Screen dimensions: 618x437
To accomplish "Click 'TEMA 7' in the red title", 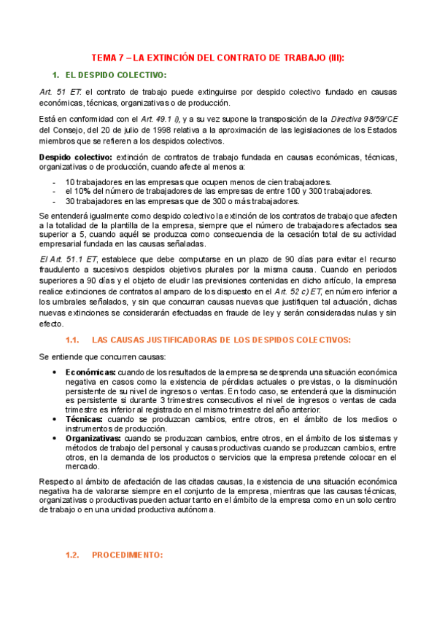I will tap(107, 58).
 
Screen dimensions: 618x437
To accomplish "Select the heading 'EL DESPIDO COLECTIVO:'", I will tap(116, 76).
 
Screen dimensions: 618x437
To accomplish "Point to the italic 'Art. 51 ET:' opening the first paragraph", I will tap(61, 93).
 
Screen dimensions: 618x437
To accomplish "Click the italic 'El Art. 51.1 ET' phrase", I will tap(66, 260).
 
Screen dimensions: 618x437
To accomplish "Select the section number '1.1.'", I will tap(72, 340).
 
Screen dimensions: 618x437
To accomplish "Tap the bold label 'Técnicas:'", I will tap(84, 420).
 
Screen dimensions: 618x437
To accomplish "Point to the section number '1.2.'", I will tap(72, 555).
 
